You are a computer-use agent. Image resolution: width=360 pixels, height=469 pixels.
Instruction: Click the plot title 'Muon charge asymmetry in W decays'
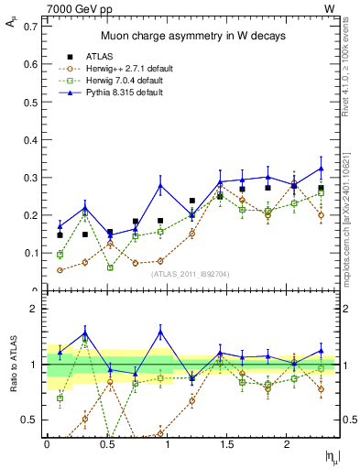coord(192,36)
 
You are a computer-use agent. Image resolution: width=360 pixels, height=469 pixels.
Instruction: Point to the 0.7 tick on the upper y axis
coord(32,27)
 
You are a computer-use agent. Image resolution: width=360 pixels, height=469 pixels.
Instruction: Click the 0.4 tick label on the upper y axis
coord(32,139)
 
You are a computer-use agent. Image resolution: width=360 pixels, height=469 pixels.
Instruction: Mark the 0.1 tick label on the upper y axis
coord(32,253)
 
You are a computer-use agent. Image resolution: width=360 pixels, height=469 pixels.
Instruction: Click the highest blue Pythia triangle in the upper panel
coord(321,168)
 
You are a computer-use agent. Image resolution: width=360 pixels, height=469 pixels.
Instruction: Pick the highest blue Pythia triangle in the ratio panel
coord(160,333)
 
